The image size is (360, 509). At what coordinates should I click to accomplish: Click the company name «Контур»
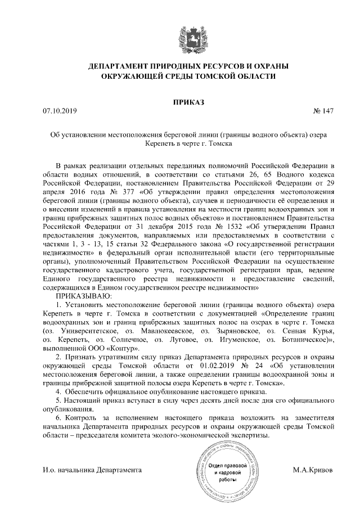[x=130, y=348]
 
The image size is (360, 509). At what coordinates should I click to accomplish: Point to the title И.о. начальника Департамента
[x=92, y=469]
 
